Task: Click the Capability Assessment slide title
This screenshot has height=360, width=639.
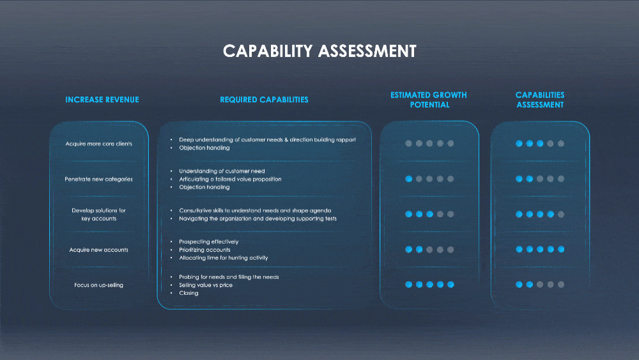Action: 319,51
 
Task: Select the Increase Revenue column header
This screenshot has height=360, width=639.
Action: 102,100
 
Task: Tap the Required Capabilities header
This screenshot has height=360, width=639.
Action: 264,100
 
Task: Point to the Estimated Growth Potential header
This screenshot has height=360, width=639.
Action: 429,100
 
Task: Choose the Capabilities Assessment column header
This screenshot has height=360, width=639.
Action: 540,100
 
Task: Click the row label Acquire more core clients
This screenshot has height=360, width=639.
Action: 99,144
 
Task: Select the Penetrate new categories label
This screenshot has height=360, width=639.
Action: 99,179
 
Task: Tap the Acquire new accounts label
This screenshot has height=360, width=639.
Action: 99,250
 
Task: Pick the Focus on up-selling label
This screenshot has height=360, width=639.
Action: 99,285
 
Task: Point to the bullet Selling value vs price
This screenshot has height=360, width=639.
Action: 206,285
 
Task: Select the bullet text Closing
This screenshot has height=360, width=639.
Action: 189,293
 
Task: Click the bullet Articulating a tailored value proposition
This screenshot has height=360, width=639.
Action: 230,180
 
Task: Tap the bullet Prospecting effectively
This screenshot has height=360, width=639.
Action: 209,242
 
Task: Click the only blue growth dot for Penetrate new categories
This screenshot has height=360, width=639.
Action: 408,179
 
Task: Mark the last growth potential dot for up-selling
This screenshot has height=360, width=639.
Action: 450,285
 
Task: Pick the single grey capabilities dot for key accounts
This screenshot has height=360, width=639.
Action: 561,214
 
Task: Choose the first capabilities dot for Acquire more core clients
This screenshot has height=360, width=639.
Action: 519,144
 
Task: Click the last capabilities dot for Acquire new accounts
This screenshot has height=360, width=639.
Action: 561,249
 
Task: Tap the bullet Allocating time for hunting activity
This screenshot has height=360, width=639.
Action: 224,258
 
